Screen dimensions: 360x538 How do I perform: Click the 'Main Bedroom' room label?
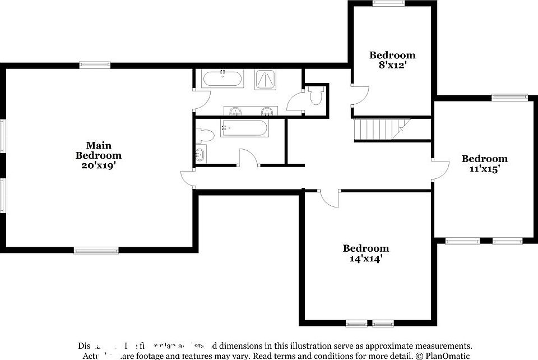tap(99, 150)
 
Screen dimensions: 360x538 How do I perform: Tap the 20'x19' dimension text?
tap(99, 165)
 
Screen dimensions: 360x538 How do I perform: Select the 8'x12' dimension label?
tap(392, 64)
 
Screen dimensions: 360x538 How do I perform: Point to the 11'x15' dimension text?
tap(484, 168)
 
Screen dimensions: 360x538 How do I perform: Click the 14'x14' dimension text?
tap(366, 259)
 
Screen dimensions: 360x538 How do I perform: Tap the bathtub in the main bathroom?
tap(223, 79)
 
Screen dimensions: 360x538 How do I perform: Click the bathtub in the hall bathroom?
tap(244, 128)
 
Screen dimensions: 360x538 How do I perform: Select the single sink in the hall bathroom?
tap(201, 154)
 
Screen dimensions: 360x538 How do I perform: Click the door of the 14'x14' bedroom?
tap(330, 199)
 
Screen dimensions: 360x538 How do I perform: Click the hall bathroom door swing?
tap(248, 158)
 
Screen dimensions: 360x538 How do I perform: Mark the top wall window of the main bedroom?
tap(95, 65)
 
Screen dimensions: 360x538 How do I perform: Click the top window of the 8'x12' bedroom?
tap(389, 3)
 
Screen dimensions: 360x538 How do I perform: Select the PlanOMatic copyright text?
tap(443, 356)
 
